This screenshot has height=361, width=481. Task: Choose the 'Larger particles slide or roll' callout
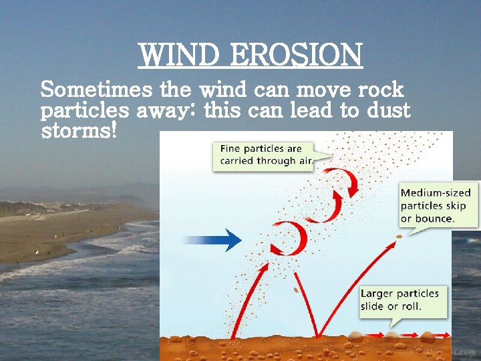point(399,301)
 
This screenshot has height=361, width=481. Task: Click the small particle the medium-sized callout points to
point(399,236)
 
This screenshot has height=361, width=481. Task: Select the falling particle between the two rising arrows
point(293,291)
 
